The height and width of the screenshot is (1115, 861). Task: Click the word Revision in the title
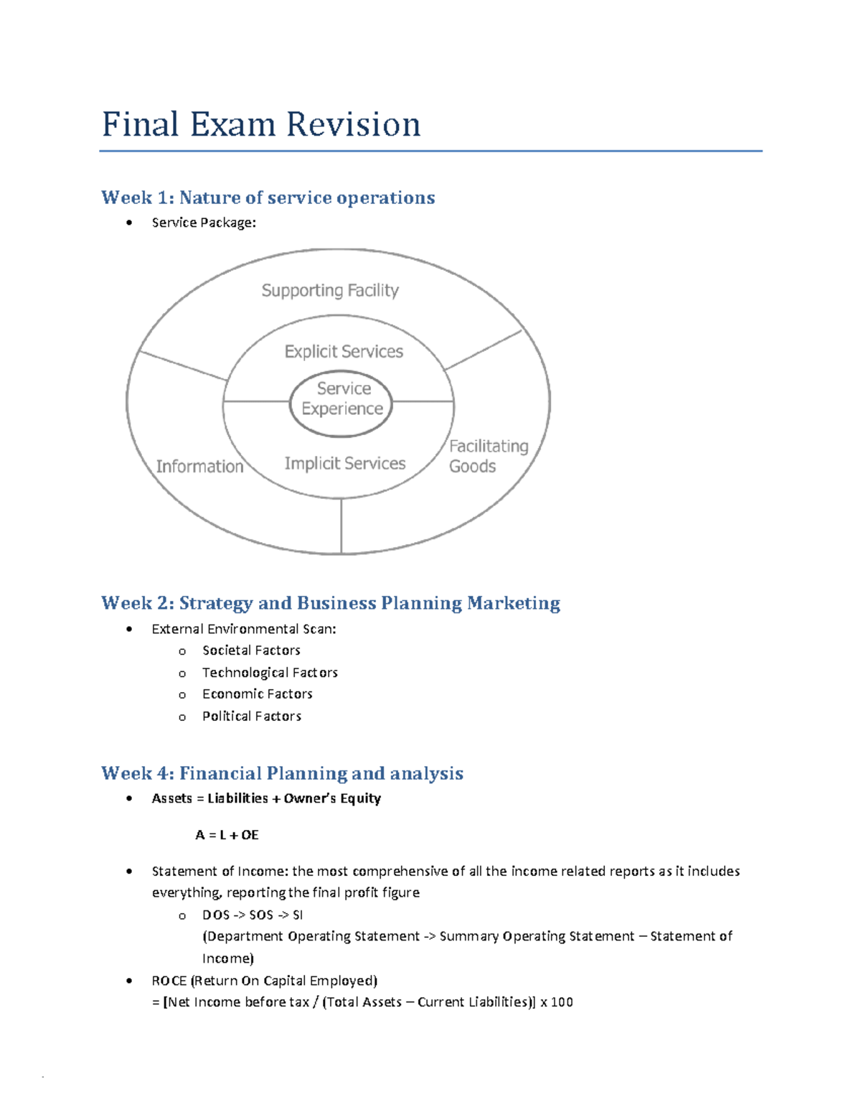click(354, 125)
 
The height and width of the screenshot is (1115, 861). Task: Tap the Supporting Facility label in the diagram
click(330, 291)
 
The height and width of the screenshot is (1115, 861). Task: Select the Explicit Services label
click(344, 352)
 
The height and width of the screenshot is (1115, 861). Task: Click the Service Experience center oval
click(342, 399)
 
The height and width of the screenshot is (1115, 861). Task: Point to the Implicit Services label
click(345, 464)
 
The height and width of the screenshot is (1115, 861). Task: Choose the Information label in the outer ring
click(199, 467)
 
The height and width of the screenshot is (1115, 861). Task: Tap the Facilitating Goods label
click(488, 457)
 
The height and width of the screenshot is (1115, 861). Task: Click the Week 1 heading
click(268, 198)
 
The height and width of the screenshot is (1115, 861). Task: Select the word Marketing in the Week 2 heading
click(513, 603)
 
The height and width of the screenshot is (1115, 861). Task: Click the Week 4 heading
click(282, 773)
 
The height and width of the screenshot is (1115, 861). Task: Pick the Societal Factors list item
click(251, 650)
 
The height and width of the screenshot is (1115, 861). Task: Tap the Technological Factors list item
click(270, 673)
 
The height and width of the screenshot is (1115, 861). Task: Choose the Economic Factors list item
click(257, 694)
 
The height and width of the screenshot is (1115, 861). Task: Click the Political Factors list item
click(251, 717)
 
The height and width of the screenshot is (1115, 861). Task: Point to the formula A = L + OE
click(227, 835)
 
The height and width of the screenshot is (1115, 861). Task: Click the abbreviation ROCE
click(169, 981)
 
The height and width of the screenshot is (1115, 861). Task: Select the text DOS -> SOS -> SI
click(253, 915)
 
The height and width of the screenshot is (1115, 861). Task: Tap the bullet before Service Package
click(129, 223)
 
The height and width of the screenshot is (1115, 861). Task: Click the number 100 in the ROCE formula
click(562, 1002)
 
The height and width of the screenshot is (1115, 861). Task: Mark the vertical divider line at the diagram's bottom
click(342, 526)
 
